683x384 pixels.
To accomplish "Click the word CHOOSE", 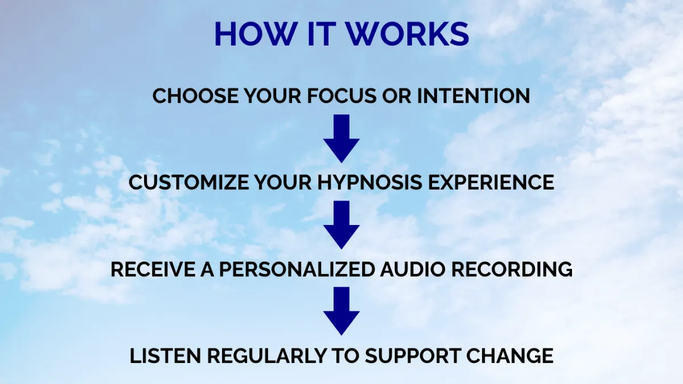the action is (195, 96).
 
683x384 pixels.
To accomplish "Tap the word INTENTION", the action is (473, 96).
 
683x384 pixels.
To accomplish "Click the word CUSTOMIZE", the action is (189, 182).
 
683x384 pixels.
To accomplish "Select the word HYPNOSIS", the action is (370, 182).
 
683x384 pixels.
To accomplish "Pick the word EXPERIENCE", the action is (491, 182).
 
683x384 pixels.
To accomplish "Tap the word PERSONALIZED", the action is (297, 269).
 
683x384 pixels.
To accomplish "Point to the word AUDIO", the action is (413, 269).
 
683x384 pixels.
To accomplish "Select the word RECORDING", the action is (512, 269).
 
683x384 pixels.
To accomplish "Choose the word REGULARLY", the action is (266, 356).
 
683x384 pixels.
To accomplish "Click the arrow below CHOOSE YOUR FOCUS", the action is (341, 138).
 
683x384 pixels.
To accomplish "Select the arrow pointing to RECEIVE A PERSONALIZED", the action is (341, 225).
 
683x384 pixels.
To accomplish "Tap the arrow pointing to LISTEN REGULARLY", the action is (341, 311).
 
